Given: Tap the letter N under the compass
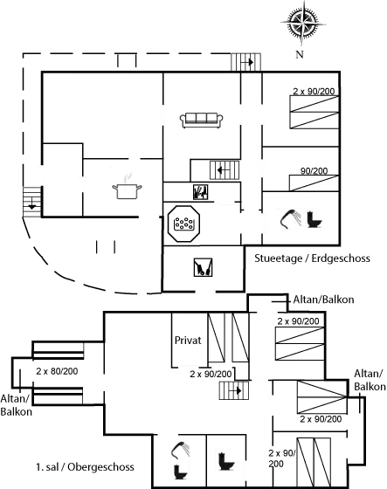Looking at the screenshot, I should (x=300, y=55).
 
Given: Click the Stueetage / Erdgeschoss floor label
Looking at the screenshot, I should (x=311, y=258).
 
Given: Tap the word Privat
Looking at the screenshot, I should (x=188, y=340).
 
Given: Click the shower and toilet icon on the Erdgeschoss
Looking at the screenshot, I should (x=301, y=218).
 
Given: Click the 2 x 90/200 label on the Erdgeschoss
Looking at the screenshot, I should (x=314, y=91).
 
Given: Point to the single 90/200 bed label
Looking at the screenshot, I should (x=314, y=172).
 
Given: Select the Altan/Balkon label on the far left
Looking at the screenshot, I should (x=17, y=404).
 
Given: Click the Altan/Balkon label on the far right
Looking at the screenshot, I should (x=370, y=379).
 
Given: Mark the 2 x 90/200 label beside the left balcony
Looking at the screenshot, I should (x=55, y=371).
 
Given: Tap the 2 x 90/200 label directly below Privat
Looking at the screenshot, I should (x=211, y=373).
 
